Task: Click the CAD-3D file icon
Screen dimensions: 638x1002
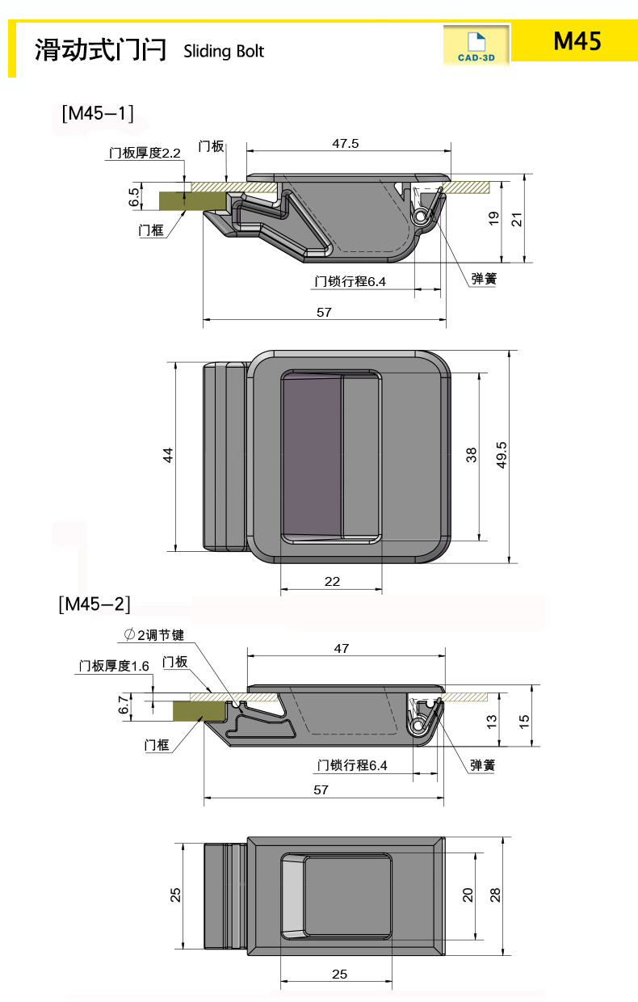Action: pyautogui.click(x=476, y=45)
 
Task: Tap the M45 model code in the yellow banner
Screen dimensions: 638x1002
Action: pyautogui.click(x=577, y=41)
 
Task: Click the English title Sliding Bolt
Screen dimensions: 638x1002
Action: pyautogui.click(x=224, y=52)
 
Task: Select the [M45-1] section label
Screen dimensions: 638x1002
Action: pyautogui.click(x=98, y=113)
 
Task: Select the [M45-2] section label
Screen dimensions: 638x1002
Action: pyautogui.click(x=94, y=604)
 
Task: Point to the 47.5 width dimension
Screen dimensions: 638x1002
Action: pyautogui.click(x=345, y=144)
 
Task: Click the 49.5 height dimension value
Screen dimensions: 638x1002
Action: pyautogui.click(x=502, y=455)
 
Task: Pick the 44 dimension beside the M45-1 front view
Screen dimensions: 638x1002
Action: pyautogui.click(x=168, y=455)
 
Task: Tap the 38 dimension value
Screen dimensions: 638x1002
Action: pyautogui.click(x=472, y=455)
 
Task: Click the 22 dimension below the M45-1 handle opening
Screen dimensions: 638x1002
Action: pyautogui.click(x=332, y=581)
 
